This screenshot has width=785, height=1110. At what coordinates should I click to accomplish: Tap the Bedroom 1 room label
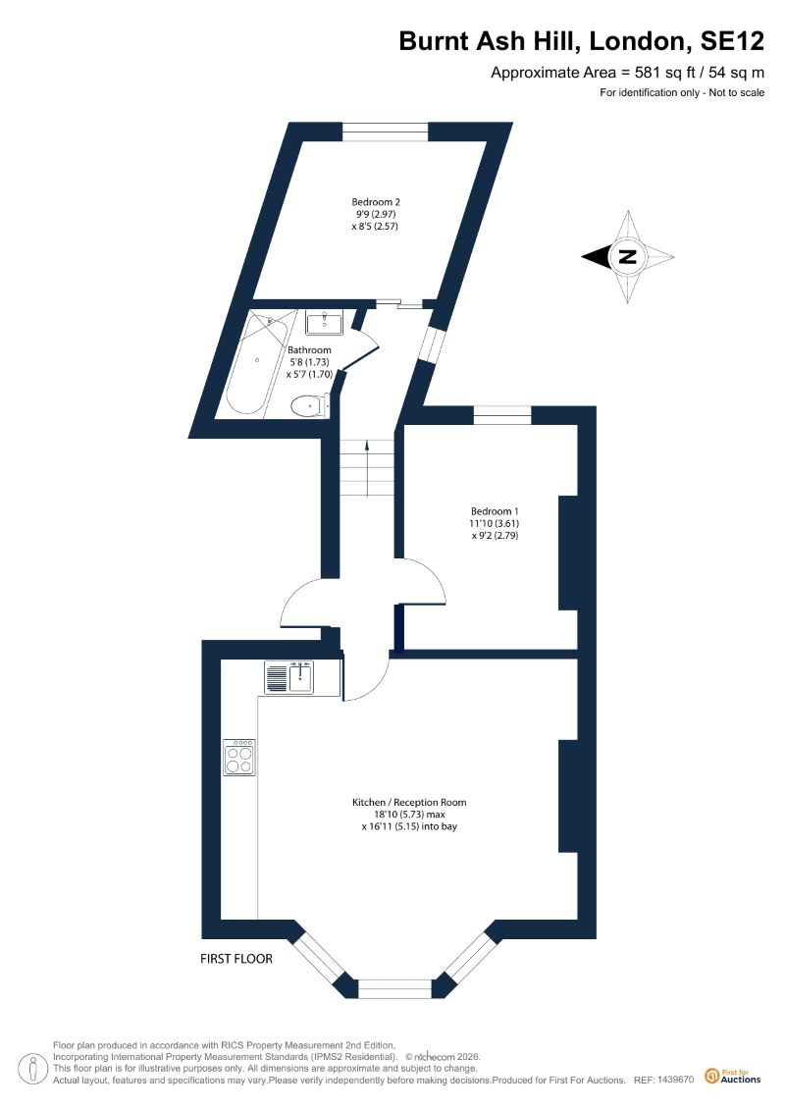coord(494,511)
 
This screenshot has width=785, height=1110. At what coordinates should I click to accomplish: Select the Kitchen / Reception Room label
coord(409,802)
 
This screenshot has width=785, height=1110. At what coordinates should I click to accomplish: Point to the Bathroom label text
coord(309,349)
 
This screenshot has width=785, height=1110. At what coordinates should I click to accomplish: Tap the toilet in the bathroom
coord(309,404)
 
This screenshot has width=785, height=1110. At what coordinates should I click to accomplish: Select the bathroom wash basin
coord(321,322)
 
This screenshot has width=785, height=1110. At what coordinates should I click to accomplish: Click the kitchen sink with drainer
coord(288,676)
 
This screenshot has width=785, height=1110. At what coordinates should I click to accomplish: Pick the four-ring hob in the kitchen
coord(239,758)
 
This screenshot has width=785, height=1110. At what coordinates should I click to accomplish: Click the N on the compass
coord(627,258)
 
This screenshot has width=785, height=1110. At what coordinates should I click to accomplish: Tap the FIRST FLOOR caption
coord(235,958)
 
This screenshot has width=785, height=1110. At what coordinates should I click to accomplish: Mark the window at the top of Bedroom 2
coord(385,130)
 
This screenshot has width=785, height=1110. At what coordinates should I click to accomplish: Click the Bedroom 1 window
coord(502,415)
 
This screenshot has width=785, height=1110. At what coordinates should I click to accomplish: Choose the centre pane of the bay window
coord(393,987)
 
